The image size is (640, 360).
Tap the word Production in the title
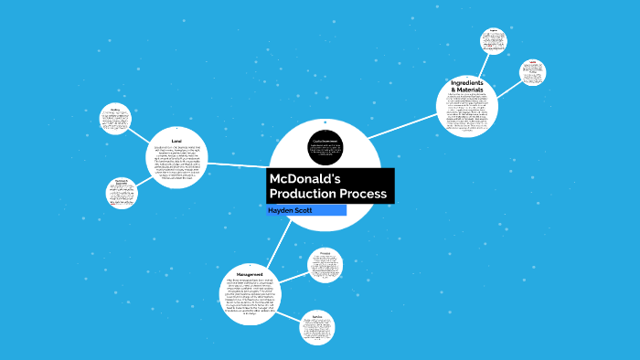[x=306, y=195]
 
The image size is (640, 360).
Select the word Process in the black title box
[x=367, y=195]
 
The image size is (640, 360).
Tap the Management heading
[x=251, y=275]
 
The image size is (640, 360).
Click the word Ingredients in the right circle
[x=466, y=83]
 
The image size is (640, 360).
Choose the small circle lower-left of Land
[x=123, y=192]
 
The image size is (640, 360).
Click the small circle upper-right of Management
[x=325, y=265]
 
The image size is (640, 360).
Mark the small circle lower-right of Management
[x=317, y=328]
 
